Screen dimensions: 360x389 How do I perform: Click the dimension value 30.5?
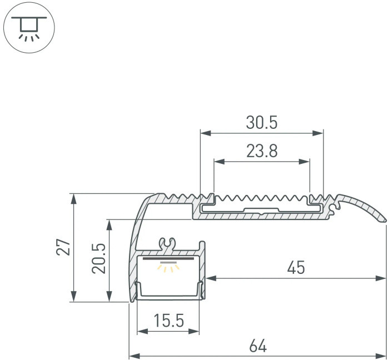click(x=261, y=122)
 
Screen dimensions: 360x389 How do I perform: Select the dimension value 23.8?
click(x=261, y=151)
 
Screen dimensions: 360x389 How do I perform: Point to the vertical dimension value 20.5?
click(x=99, y=261)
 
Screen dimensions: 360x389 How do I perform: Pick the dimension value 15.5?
click(x=168, y=321)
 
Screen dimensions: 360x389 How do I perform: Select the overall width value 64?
click(x=257, y=346)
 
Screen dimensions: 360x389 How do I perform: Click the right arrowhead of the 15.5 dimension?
click(x=195, y=332)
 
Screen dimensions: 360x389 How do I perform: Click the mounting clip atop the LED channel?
click(x=167, y=243)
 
